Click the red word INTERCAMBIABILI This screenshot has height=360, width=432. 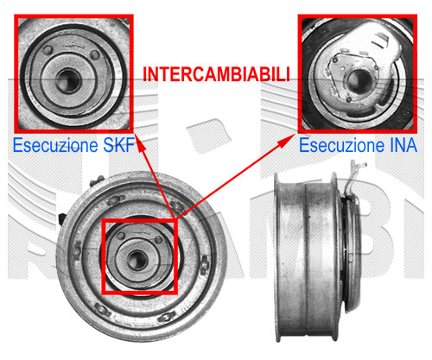[216, 74]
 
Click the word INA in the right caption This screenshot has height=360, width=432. [403, 145]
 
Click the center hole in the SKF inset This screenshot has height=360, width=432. [68, 81]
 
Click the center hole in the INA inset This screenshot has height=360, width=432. [359, 82]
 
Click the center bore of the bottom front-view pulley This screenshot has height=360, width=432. [137, 260]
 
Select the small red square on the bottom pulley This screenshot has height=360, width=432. [139, 256]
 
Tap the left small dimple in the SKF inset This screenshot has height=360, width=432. [48, 50]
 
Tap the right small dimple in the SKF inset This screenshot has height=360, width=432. [94, 54]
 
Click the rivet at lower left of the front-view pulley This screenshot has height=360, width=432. [102, 309]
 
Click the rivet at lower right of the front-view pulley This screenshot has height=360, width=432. [167, 317]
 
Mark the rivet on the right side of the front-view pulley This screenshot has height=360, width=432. [204, 264]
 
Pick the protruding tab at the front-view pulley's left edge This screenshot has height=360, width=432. [61, 218]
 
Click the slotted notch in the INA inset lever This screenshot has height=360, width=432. [380, 40]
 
